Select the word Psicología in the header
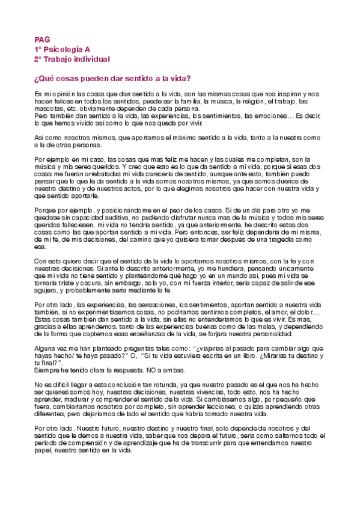point(62,49)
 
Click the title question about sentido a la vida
point(113,79)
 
